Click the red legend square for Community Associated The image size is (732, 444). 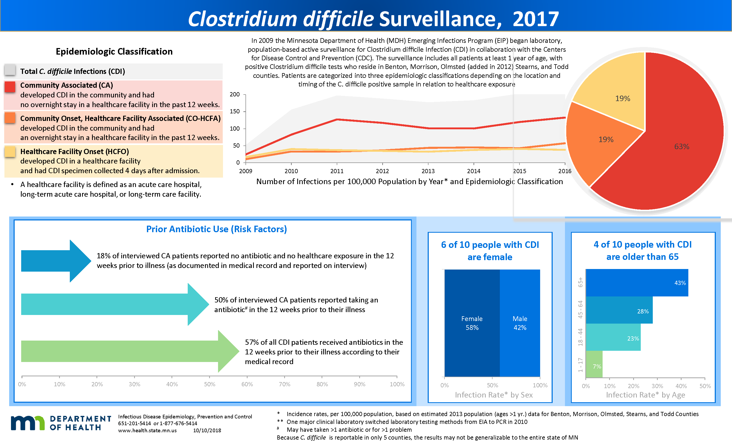tap(10, 87)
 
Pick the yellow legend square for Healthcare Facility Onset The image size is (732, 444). tap(10, 152)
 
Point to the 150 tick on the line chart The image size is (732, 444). tap(235, 112)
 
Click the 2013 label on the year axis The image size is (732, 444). tap(428, 171)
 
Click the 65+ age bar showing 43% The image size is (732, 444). tap(637, 283)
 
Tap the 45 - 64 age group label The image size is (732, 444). tap(580, 309)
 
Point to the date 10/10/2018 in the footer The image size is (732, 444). tap(207, 431)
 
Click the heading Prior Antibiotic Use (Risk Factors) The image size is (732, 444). tap(216, 229)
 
